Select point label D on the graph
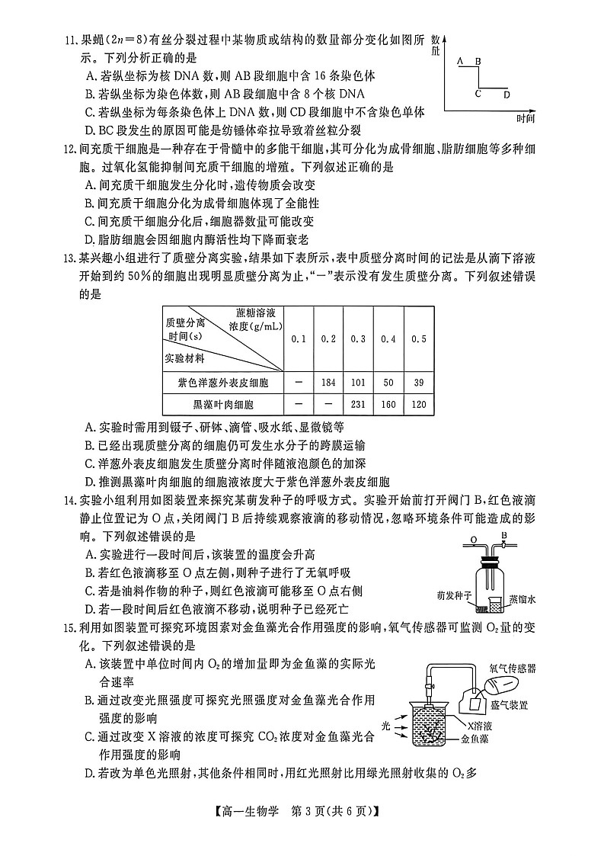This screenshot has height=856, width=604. click(507, 95)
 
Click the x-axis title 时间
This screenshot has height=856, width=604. click(526, 119)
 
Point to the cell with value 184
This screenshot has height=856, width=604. click(328, 382)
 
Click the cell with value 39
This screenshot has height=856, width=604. click(417, 382)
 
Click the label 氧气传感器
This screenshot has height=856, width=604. click(512, 668)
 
